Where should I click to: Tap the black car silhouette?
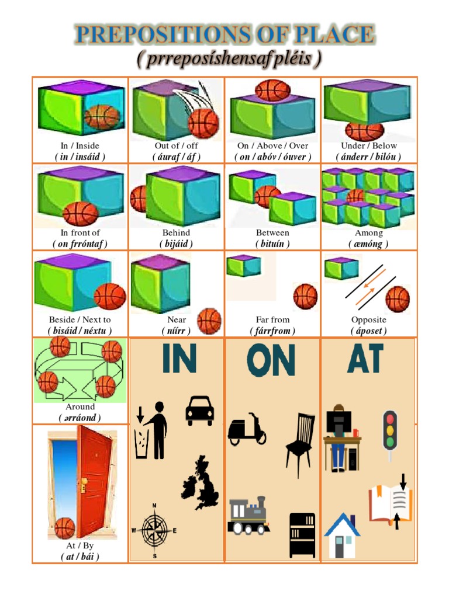coord(199,410)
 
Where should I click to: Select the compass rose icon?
coord(154,531)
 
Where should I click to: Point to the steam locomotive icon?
coord(248,516)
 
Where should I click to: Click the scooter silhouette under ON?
coord(247,431)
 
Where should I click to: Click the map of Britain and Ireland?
coord(200,484)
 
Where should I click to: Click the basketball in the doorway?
coord(64,528)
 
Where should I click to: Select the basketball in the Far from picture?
coord(305,296)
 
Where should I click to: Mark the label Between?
coord(272,233)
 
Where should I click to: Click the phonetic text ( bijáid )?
coord(176,244)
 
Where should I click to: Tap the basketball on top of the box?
coord(272,90)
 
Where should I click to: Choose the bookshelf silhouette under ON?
coord(302,534)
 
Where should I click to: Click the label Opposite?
coord(368,320)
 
